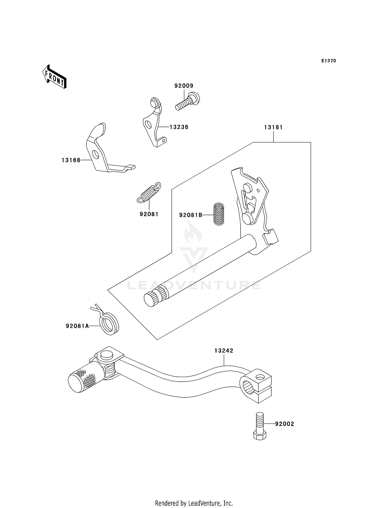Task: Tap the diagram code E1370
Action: (x=329, y=61)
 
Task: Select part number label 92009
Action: (x=184, y=86)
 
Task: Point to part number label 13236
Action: (x=179, y=127)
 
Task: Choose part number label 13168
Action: (x=71, y=160)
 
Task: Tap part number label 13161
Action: (x=273, y=127)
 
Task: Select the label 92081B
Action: (x=191, y=215)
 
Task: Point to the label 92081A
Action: (x=77, y=326)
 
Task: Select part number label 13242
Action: (x=224, y=351)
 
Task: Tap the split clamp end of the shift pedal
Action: (x=256, y=386)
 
